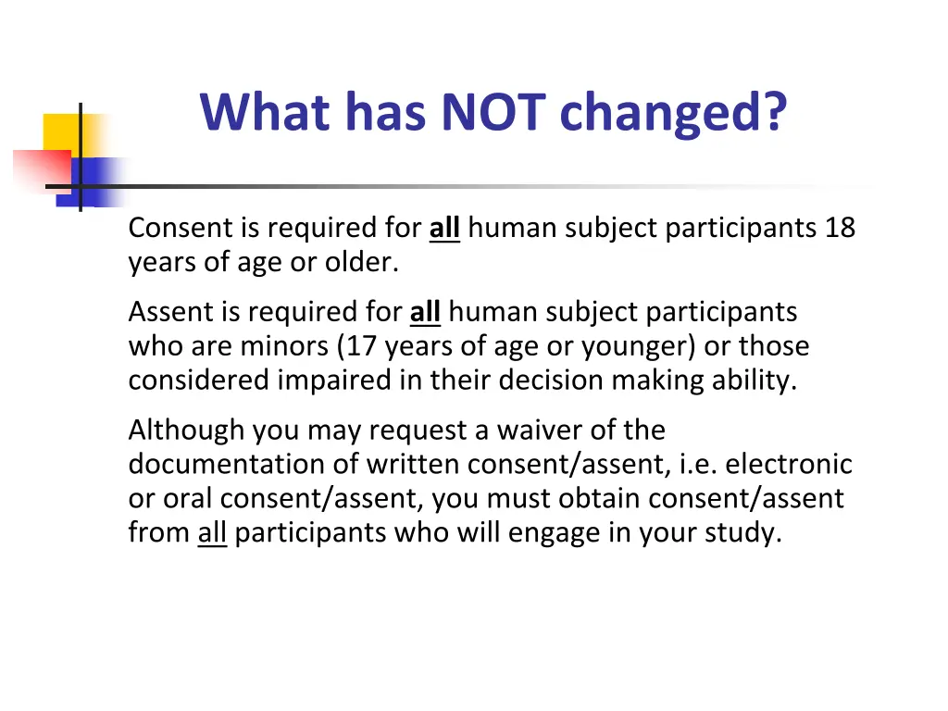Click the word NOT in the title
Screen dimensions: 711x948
click(x=494, y=112)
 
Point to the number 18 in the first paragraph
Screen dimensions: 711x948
click(x=840, y=228)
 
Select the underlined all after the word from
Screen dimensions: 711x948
click(x=212, y=533)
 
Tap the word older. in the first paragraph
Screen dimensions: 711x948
click(x=361, y=262)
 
